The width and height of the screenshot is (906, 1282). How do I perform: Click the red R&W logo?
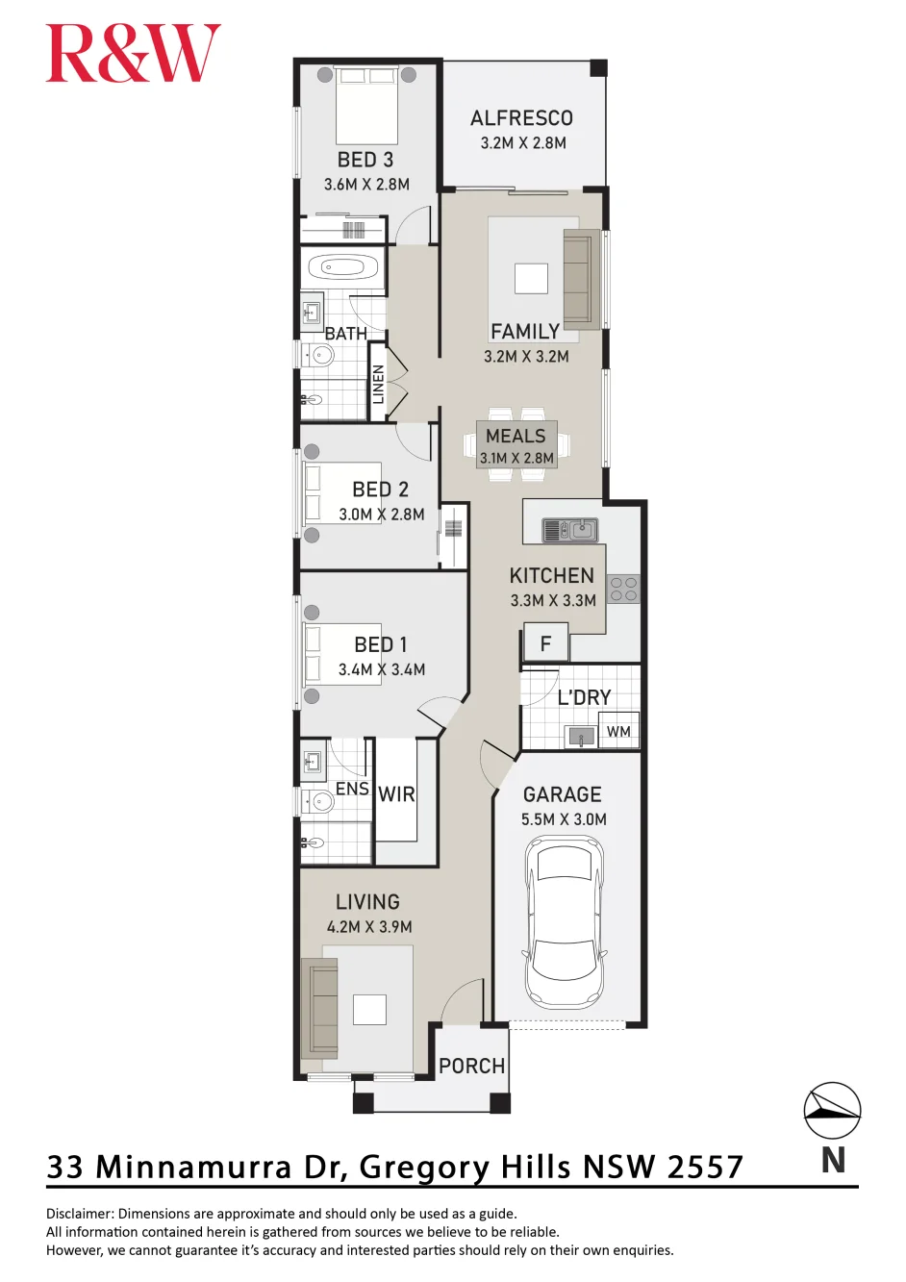[x=133, y=53]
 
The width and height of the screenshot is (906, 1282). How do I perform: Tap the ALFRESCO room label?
[x=521, y=118]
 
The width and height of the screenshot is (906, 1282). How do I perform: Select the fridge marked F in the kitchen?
[x=546, y=643]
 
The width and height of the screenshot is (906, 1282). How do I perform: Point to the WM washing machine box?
[x=618, y=731]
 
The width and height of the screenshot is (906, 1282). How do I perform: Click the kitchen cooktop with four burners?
[x=623, y=589]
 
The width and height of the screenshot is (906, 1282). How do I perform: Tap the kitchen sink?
[x=570, y=530]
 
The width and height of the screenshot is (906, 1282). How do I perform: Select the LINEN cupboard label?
[x=378, y=384]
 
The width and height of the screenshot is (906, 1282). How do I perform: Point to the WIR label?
[x=396, y=794]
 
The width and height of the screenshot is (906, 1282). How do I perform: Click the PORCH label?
[x=471, y=1066]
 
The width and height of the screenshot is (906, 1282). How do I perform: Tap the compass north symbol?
[x=832, y=1110]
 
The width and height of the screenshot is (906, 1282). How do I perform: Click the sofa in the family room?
[x=582, y=279]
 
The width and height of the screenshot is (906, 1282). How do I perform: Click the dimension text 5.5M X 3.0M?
[x=564, y=819]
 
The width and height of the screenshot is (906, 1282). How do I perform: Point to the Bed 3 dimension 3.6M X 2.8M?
[x=366, y=185]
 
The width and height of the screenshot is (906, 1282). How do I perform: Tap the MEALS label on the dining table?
[x=516, y=436]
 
